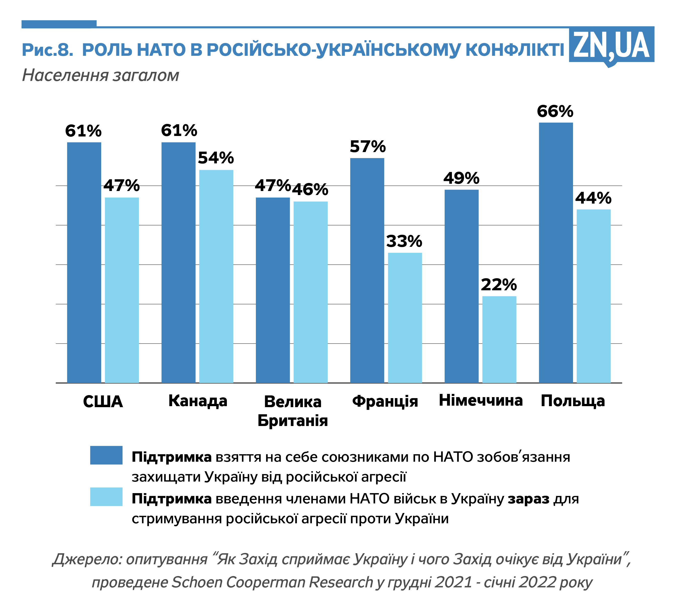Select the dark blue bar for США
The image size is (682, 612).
(x=84, y=262)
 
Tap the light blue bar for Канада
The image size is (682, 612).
(x=216, y=276)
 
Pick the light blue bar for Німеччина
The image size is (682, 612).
(x=499, y=339)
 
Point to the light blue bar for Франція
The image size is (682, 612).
(x=405, y=318)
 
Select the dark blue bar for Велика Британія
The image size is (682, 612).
(x=273, y=290)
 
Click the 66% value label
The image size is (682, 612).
(x=555, y=111)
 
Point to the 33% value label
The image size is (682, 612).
(x=404, y=241)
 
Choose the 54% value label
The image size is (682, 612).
(x=216, y=158)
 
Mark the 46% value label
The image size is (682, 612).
(x=310, y=189)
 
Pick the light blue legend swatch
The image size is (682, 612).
(x=106, y=497)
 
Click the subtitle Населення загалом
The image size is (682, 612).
(x=100, y=75)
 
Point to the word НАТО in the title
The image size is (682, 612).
(x=161, y=50)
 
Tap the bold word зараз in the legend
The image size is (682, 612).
(x=528, y=499)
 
